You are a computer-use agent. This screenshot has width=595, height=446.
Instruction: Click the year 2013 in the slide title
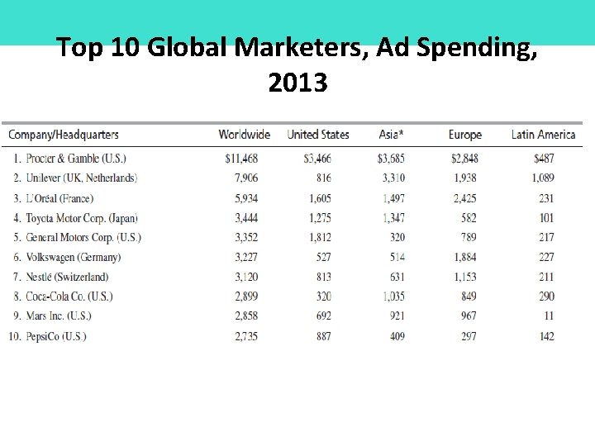pyautogui.click(x=297, y=83)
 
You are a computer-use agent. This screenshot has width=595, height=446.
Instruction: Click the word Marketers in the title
pyautogui.click(x=302, y=49)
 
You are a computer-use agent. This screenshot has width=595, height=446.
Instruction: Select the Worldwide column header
pyautogui.click(x=244, y=135)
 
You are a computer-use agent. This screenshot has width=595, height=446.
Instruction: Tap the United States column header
pyautogui.click(x=318, y=135)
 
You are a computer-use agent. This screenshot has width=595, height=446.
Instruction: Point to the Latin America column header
pyautogui.click(x=543, y=135)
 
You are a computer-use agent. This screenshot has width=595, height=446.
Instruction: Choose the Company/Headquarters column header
pyautogui.click(x=64, y=135)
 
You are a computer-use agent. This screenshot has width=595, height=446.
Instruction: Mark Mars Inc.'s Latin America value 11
pyautogui.click(x=549, y=316)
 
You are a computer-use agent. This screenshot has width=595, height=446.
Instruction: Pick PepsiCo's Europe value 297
pyautogui.click(x=468, y=336)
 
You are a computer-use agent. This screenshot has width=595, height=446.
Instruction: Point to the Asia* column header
pyautogui.click(x=393, y=135)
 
